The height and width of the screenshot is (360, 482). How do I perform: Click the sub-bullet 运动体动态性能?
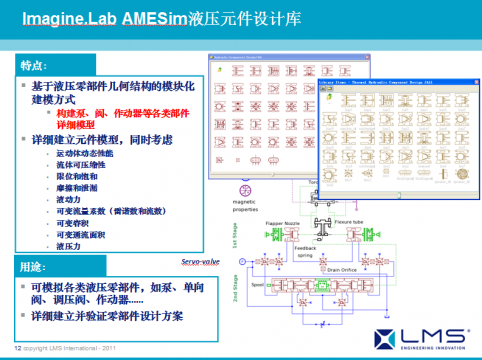tap(85, 154)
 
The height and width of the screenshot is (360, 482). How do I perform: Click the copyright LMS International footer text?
tap(65, 348)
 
